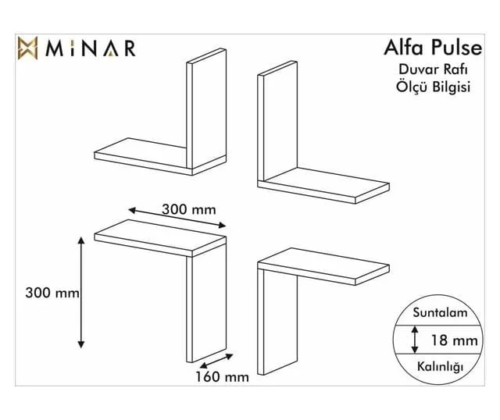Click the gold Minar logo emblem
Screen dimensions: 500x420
tap(28, 48)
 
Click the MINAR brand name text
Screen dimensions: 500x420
tap(91, 48)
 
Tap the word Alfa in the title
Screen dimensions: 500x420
tap(404, 47)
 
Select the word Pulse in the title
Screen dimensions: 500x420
tap(457, 47)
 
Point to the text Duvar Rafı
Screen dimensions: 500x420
tap(434, 69)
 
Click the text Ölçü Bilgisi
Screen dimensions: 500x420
tap(434, 87)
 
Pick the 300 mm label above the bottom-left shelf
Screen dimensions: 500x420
tap(189, 209)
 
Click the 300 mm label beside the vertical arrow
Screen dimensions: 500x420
tap(52, 293)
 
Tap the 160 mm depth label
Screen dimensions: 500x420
tap(222, 377)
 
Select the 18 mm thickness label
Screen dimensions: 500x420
tap(455, 340)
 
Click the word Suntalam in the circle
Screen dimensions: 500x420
tap(440, 312)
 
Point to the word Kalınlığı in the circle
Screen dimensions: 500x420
tap(440, 366)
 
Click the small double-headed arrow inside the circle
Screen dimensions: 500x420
tap(415, 340)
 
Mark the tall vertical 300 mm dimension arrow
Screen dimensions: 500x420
tap(81, 293)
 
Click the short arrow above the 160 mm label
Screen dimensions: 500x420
tap(216, 361)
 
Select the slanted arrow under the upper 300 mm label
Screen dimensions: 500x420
tap(177, 218)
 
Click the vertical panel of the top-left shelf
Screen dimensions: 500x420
tap(206, 109)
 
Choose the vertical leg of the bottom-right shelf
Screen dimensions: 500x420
tap(277, 322)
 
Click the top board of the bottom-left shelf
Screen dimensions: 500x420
tap(160, 238)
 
